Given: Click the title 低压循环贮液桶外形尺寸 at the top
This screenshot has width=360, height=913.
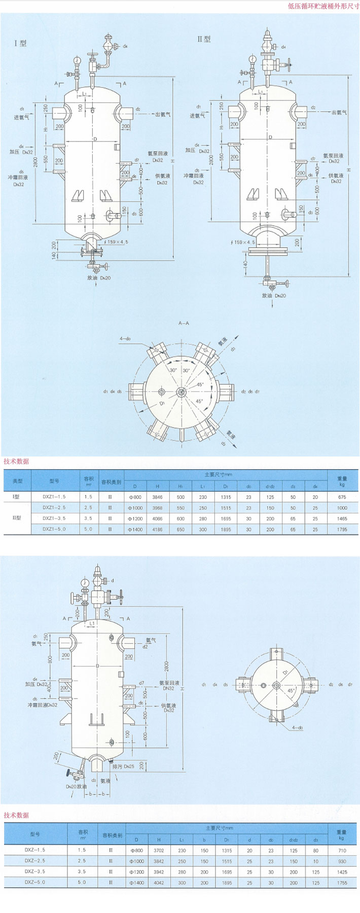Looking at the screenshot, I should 323,7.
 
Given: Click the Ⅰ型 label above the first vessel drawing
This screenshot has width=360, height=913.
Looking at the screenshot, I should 20,43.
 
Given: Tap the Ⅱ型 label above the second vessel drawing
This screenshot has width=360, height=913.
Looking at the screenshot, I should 204,39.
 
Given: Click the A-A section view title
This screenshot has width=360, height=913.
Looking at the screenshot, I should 183,323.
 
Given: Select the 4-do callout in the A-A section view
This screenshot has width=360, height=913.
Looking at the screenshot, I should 125,338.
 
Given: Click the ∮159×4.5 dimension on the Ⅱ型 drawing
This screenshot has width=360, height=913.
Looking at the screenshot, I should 243,242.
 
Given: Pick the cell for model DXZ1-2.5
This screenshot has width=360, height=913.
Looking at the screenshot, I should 54,508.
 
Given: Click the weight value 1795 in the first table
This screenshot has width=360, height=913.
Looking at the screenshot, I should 342,529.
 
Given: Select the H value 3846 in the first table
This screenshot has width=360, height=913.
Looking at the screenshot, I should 157,497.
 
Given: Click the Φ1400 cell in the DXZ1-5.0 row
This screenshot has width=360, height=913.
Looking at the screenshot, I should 135,529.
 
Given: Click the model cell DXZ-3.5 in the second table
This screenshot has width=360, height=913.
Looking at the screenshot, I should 34,871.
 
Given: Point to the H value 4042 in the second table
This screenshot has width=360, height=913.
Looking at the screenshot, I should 159,883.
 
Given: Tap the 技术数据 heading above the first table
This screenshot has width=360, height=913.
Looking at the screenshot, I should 16,461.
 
